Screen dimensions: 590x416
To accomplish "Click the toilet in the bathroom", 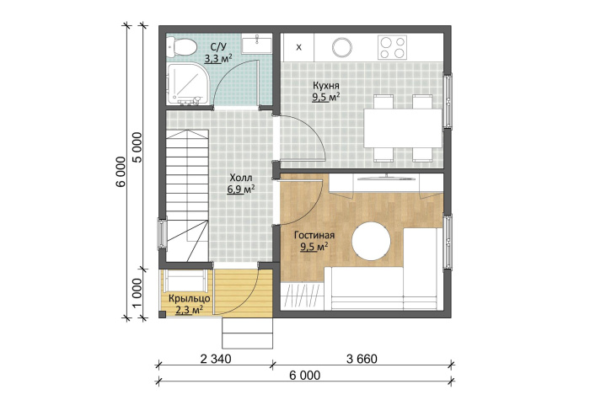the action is pos(181,46).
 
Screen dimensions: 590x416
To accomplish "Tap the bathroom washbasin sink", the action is pos(256,45).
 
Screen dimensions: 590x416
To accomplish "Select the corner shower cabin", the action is pos(186,84).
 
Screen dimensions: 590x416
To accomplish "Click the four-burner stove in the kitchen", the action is pos(392,47).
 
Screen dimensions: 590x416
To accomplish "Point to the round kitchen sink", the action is pos(342,47).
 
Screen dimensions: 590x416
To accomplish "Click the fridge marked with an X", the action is pos(298,47).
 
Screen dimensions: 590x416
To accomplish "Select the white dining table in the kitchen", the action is pos(403,128).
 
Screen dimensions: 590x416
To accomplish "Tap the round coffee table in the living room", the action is pos(372,241).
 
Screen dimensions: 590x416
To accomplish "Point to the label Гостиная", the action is pos(314,235).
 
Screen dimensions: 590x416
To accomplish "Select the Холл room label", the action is pos(241,178).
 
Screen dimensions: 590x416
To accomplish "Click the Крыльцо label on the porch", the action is pos(190,299).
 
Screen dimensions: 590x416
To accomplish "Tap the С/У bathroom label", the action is pos(218,47).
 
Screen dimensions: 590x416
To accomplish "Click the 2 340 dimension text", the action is pos(216,360).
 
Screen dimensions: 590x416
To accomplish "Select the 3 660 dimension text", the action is pos(362,360).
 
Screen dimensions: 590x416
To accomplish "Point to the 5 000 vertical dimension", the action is pos(137,147).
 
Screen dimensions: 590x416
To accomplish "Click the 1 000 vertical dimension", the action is pos(137,293).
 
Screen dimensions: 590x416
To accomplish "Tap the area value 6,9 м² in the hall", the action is pos(241,189).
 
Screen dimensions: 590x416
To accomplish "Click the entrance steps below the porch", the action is pos(247,333).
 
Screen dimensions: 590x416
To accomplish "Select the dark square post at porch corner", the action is pos(163,315).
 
